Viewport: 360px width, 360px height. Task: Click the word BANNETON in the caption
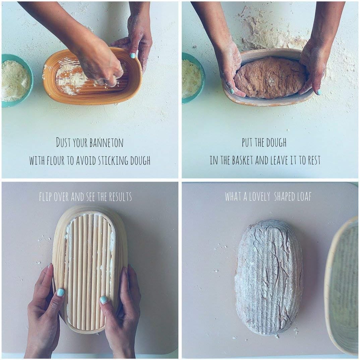pyautogui.click(x=106, y=142)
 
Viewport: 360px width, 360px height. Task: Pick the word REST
pyautogui.click(x=314, y=160)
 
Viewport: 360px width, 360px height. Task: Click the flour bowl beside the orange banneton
pyautogui.click(x=16, y=80)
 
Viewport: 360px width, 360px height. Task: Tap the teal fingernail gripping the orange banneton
pyautogui.click(x=133, y=55)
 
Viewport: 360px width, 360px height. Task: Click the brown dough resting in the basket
pyautogui.click(x=270, y=77)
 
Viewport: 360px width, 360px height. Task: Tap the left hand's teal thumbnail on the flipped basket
pyautogui.click(x=61, y=292)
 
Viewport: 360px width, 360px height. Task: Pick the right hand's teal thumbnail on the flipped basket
pyautogui.click(x=103, y=300)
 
